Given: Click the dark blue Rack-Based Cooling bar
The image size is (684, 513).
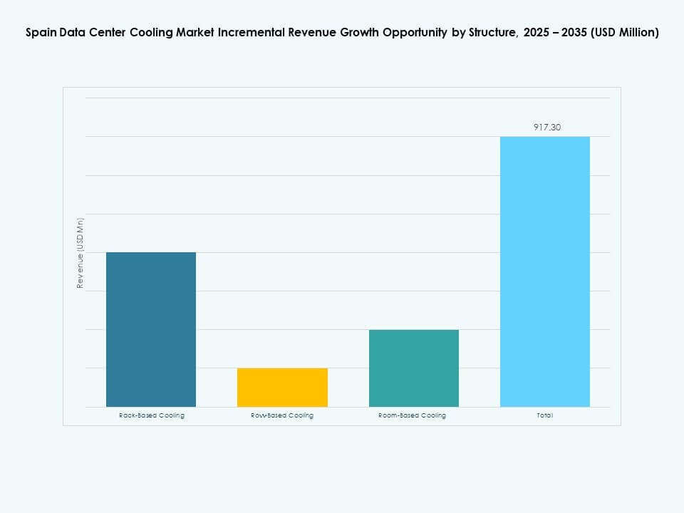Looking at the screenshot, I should coord(151,329).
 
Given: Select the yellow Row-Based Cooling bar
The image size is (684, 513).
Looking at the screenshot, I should coord(282,387).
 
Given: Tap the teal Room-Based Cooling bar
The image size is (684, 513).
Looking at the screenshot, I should coord(413,368).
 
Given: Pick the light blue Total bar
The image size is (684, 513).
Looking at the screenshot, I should coord(545,271).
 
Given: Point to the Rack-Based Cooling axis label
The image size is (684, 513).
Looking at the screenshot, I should coord(151,415).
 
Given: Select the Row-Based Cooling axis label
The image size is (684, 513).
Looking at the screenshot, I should coord(282,415).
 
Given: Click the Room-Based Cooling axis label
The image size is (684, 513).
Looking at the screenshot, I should coord(413,415).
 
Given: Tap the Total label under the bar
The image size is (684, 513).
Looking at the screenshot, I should coord(545,415).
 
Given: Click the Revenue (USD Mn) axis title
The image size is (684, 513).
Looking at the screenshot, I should coord(81,253).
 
